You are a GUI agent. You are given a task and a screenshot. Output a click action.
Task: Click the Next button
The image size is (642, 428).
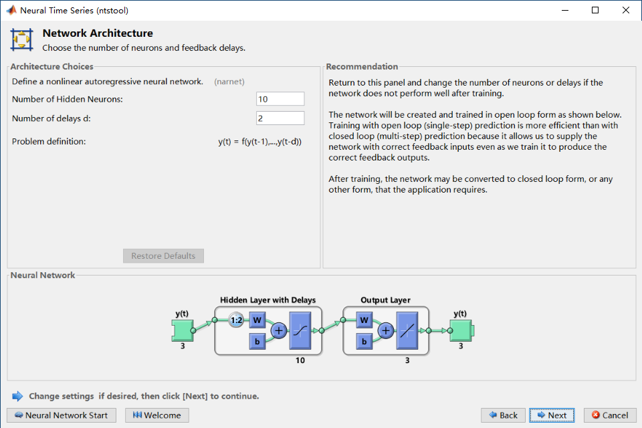point(552,415)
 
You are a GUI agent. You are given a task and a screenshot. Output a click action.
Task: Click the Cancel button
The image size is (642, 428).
point(609,415)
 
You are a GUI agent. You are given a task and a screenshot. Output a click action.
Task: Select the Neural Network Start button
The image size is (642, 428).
point(62,415)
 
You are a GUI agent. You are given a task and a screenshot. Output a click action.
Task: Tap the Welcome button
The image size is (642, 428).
point(157,415)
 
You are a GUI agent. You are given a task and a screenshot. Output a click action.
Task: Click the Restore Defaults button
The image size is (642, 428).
point(163,256)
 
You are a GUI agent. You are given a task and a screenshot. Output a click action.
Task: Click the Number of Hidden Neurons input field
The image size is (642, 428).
point(280,99)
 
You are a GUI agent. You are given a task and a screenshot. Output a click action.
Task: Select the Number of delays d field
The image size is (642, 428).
point(280,118)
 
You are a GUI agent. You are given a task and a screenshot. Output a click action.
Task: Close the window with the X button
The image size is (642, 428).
point(625,10)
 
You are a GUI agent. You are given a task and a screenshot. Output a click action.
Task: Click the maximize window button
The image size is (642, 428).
point(595,10)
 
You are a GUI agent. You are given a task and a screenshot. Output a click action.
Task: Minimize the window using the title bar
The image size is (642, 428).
point(564,10)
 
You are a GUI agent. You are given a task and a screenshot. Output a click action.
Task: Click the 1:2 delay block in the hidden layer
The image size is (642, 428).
point(235,320)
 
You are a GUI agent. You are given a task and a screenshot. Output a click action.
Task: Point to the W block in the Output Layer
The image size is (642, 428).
point(364,320)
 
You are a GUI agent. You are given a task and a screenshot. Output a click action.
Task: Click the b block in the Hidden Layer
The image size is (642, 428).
point(257,341)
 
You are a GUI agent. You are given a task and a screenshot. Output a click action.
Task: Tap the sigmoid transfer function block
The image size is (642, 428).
point(300,330)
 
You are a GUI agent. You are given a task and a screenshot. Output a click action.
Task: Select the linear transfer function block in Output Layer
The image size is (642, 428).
point(407,330)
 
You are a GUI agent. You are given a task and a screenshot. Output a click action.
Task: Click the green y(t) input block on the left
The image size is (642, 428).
point(182,330)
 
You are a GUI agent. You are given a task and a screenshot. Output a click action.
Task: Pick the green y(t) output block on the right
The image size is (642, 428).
point(461,330)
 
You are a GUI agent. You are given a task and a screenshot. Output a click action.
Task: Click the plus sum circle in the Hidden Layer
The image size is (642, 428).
point(278,330)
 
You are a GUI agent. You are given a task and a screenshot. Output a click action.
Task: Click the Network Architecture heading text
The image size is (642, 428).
point(98,33)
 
